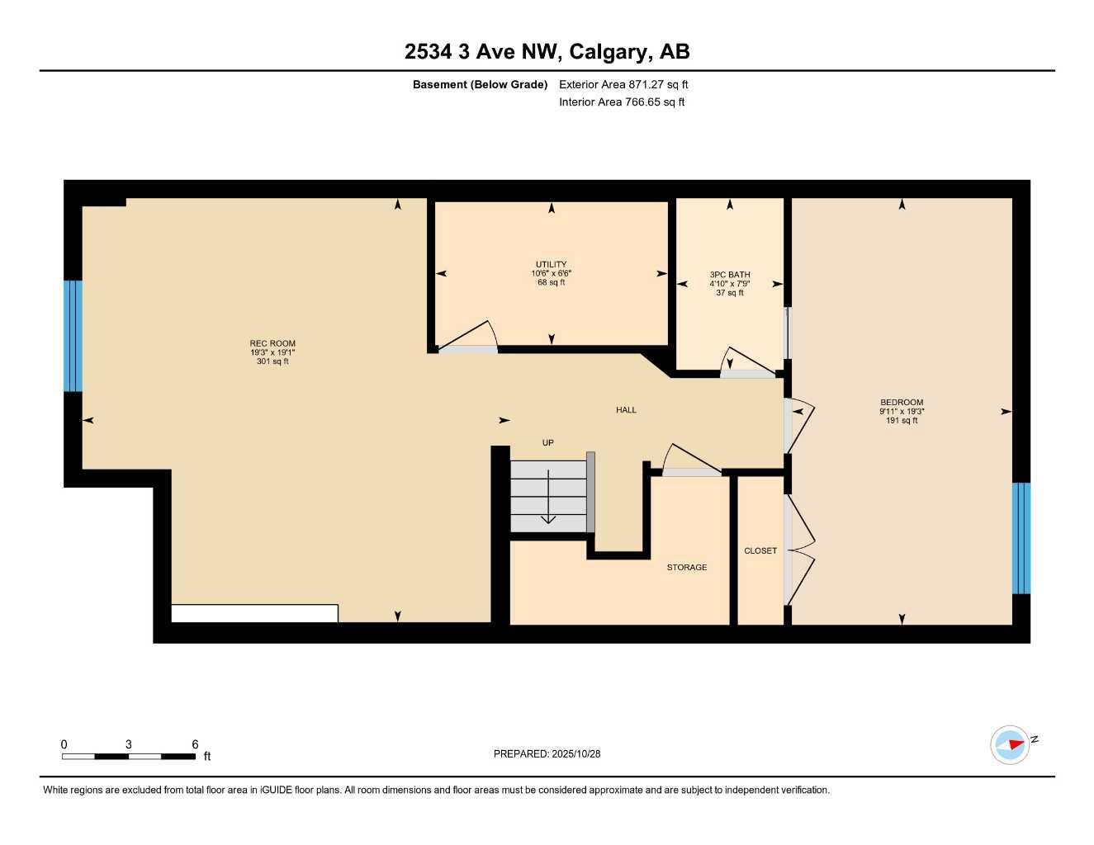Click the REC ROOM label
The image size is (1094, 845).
tap(272, 343)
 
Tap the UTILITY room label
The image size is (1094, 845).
tap(552, 264)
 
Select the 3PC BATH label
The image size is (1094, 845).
tap(730, 275)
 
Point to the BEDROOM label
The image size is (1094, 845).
tap(902, 403)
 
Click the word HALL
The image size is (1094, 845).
tap(626, 410)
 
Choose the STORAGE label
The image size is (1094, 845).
tap(687, 568)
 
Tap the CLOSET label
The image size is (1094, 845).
tap(760, 550)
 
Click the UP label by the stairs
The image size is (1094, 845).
tap(547, 443)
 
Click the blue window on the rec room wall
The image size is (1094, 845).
tap(73, 336)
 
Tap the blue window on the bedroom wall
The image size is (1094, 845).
tap(1021, 538)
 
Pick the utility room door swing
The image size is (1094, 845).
tap(471, 337)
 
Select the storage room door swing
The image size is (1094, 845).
tap(690, 460)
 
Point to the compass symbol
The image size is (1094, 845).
tap(1011, 744)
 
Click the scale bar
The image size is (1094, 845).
tap(129, 756)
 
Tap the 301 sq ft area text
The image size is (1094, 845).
tap(272, 361)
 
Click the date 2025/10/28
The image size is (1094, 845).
tap(576, 753)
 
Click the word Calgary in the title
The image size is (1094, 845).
tap(608, 52)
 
